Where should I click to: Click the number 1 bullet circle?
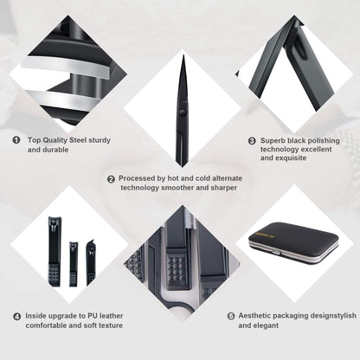coord(16,140)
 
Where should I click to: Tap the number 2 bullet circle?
coord(111,179)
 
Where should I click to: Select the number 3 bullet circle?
coord(252,141)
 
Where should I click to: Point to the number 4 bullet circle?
coord(17,317)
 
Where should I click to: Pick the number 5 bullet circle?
coord(231,316)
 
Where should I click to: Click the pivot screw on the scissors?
coord(182,112)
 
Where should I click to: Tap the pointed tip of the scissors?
coord(183,55)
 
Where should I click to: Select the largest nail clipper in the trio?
coord(55,252)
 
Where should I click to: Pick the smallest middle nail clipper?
coord(74,264)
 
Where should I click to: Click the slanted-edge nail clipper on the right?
coord(91,262)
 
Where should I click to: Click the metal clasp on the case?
coord(276,253)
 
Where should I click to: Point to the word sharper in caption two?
coord(224,188)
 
